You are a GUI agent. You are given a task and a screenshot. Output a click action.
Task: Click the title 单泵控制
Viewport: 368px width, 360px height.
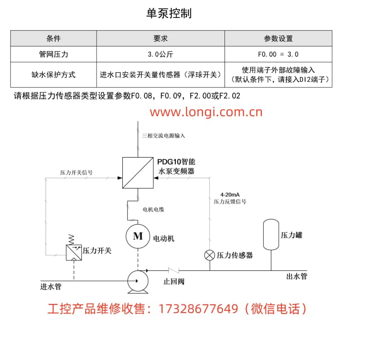pyautogui.click(x=169, y=13)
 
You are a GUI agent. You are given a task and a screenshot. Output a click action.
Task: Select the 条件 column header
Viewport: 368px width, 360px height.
pyautogui.click(x=53, y=38)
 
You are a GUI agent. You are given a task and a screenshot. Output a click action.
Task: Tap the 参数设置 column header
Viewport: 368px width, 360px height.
pyautogui.click(x=278, y=38)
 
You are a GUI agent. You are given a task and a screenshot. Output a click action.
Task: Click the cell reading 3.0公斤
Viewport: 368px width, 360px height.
pyautogui.click(x=161, y=54)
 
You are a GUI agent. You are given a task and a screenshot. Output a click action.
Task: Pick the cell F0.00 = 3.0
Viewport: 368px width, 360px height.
pyautogui.click(x=278, y=54)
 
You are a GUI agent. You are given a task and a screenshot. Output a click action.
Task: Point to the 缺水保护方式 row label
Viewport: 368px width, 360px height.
pyautogui.click(x=53, y=75)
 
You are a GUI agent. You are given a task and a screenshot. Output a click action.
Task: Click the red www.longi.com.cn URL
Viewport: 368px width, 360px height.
pyautogui.click(x=206, y=112)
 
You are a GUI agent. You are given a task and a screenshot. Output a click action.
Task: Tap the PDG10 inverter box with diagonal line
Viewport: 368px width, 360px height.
pyautogui.click(x=138, y=173)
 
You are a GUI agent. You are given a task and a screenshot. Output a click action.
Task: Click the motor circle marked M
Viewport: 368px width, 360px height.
pyautogui.click(x=138, y=236)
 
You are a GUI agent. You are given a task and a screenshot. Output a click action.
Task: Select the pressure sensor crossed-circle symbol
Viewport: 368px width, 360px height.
pyautogui.click(x=210, y=255)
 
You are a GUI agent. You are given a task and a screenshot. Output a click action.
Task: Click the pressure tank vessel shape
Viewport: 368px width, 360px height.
pyautogui.click(x=271, y=234)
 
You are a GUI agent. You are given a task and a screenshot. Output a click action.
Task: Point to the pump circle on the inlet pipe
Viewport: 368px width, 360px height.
pyautogui.click(x=138, y=281)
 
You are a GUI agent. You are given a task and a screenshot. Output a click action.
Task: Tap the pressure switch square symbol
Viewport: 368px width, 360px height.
pyautogui.click(x=74, y=252)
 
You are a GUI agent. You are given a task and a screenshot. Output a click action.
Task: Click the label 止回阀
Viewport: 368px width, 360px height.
pyautogui.click(x=174, y=281)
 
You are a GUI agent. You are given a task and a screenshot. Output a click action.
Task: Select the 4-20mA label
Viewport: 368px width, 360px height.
pyautogui.click(x=230, y=194)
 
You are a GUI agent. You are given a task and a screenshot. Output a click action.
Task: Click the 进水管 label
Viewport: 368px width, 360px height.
pyautogui.click(x=51, y=286)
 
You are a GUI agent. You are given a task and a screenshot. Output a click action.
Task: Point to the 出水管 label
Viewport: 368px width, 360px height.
pyautogui.click(x=297, y=276)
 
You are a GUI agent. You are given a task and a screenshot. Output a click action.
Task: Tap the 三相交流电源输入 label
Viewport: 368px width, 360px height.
pyautogui.click(x=163, y=136)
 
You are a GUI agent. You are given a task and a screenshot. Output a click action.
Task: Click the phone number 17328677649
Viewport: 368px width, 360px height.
pyautogui.click(x=198, y=309)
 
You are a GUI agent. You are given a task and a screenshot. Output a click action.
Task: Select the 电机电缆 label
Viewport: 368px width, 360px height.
pyautogui.click(x=153, y=210)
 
